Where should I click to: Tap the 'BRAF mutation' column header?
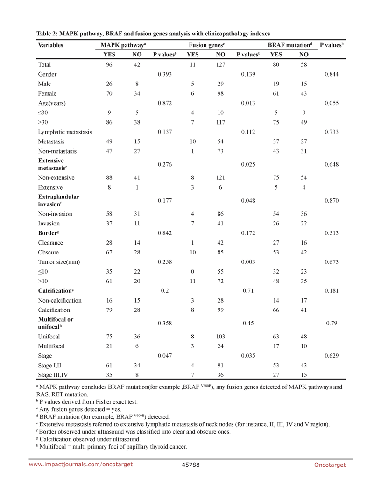(289, 45)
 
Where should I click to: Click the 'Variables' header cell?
(50, 45)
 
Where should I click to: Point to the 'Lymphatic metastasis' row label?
(65, 132)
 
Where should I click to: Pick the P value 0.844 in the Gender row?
(332, 74)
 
